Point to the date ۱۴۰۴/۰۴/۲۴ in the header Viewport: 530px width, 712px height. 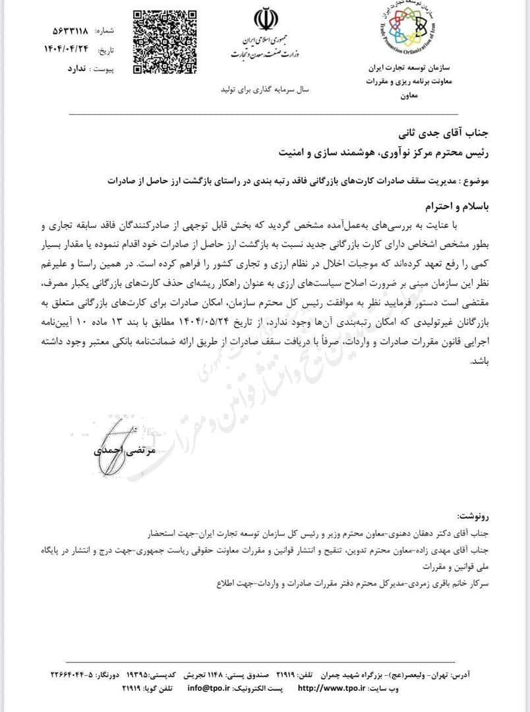point(70,49)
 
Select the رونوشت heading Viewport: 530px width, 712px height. point(473,515)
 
